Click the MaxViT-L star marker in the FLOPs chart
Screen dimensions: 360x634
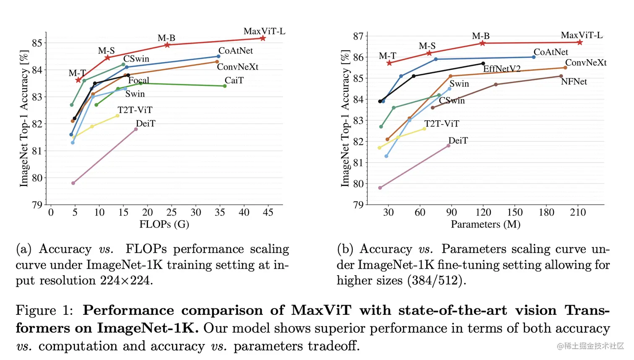[x=263, y=38]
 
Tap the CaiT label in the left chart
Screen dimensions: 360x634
[x=234, y=80]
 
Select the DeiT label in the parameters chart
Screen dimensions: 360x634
[x=458, y=141]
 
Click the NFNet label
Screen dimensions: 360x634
[x=574, y=82]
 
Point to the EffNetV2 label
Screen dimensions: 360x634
[x=501, y=69]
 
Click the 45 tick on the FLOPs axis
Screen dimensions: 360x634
[x=268, y=212]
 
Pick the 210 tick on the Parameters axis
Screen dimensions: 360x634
[x=578, y=212]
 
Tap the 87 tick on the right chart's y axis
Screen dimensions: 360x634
[x=358, y=36]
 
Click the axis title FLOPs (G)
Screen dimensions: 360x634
[x=164, y=225]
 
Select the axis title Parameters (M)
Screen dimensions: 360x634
[x=486, y=225]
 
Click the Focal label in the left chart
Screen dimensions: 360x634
[x=139, y=80]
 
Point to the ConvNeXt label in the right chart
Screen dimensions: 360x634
[x=586, y=63]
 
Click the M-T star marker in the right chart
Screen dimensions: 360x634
[x=389, y=63]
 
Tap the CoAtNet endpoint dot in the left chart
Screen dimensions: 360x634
[x=218, y=56]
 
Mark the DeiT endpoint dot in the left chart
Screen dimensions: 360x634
[x=136, y=129]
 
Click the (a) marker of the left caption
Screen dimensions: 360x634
[x=24, y=249]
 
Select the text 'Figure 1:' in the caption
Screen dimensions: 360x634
[x=44, y=311]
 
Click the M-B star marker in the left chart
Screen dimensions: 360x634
[x=167, y=45]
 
